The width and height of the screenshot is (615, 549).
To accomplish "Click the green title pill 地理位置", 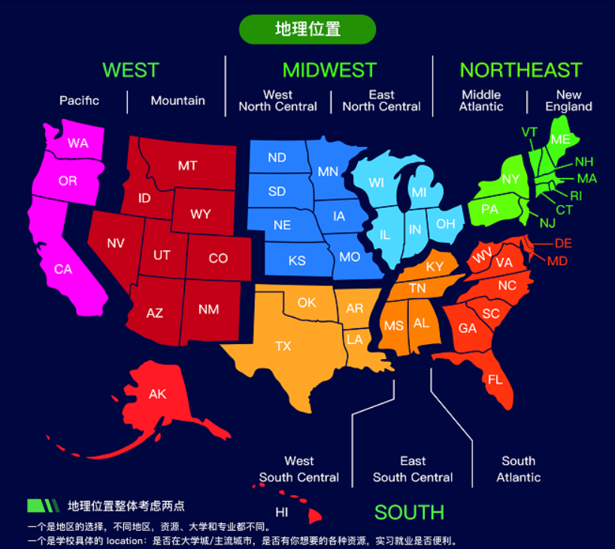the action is (307, 29).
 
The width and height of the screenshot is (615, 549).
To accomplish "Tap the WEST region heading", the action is (131, 70).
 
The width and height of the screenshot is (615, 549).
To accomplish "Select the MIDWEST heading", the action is (329, 70).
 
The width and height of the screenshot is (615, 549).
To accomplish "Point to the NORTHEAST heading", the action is (521, 70).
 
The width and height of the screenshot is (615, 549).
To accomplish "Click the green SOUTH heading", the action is (409, 512).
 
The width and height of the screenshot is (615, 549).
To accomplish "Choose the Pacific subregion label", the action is (80, 101).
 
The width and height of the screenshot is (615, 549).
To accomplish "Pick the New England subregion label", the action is (568, 101).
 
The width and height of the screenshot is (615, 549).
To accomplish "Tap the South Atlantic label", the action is (518, 469).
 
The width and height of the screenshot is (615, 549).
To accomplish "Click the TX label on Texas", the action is (283, 346).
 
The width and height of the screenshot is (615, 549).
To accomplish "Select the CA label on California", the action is (63, 269).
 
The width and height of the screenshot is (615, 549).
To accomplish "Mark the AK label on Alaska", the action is (157, 394).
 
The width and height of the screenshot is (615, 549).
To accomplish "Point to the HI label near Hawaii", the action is (282, 512).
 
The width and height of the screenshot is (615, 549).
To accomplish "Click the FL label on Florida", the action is (495, 380).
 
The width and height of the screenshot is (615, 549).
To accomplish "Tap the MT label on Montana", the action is (187, 165).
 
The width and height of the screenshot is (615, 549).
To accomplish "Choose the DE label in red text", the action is (563, 243).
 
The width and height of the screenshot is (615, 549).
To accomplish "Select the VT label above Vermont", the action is (529, 132).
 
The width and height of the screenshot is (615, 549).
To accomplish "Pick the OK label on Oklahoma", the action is (307, 303).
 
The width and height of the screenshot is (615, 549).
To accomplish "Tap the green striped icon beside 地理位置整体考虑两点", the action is (43, 505).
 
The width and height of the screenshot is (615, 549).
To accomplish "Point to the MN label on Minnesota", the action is (328, 171).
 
